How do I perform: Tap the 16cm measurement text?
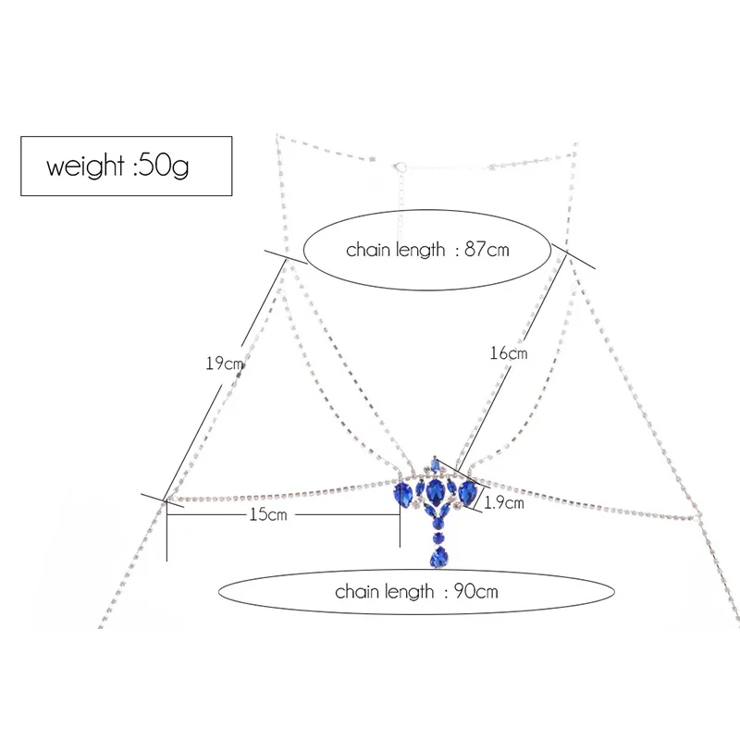(509, 352)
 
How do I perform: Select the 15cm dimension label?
(266, 514)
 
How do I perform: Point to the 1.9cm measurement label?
(506, 503)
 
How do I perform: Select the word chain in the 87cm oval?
(367, 250)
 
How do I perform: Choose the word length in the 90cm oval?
(406, 590)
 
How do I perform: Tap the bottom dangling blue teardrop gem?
(438, 556)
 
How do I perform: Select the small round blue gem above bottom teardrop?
(438, 536)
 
